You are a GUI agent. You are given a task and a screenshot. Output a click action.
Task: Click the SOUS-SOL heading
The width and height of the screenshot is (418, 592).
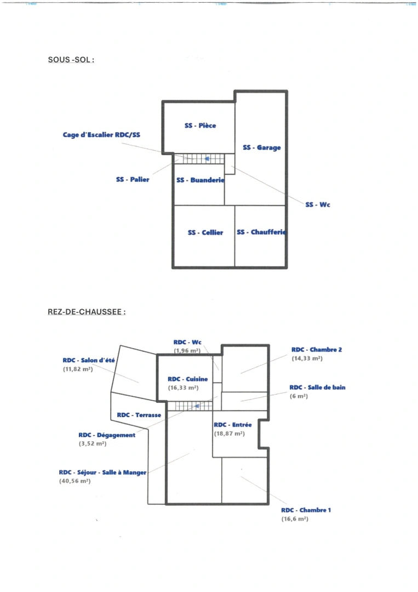pos(71,60)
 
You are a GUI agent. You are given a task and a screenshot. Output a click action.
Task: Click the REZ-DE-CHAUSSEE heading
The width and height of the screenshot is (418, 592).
pos(87,312)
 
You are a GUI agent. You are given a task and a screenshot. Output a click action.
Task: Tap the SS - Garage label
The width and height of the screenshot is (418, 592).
pos(262,147)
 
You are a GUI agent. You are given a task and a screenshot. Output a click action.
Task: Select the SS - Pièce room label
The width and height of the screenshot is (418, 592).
pos(201,126)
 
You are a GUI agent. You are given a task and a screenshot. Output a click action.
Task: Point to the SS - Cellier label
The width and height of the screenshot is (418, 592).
pos(205,232)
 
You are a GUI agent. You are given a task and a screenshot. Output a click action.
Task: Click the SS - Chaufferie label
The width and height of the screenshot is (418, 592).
pos(261,232)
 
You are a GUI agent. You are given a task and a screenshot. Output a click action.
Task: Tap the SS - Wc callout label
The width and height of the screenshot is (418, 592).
pos(318,204)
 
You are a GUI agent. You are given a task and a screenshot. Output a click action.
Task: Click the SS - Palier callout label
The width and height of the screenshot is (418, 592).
pos(133,179)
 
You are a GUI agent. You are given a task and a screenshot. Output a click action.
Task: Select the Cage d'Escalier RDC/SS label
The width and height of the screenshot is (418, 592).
pos(101,134)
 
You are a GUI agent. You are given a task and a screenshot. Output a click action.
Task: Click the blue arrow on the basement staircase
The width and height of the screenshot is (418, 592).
pos(207,159)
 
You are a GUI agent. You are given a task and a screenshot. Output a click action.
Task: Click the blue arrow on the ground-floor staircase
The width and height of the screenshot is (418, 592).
pos(196,406)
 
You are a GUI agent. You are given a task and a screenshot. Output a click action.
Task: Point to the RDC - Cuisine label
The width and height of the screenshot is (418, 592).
pos(188,379)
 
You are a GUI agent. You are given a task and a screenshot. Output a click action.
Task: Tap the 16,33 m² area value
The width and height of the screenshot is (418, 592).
pos(183,388)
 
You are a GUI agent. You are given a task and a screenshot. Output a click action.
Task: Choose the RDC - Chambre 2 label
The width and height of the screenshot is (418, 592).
pos(316,349)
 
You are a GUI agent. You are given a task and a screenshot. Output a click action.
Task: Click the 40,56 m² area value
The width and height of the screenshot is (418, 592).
pos(75,481)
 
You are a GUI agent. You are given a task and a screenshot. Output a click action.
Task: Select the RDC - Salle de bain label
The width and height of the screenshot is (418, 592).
pos(317,387)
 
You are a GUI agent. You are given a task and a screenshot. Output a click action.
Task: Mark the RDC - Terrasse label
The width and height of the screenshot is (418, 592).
pos(139,415)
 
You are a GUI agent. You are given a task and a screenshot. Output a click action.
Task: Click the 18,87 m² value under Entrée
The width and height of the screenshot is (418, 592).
pos(229,434)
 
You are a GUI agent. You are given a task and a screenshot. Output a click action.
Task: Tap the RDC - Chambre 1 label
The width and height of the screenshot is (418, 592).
pos(306,510)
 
